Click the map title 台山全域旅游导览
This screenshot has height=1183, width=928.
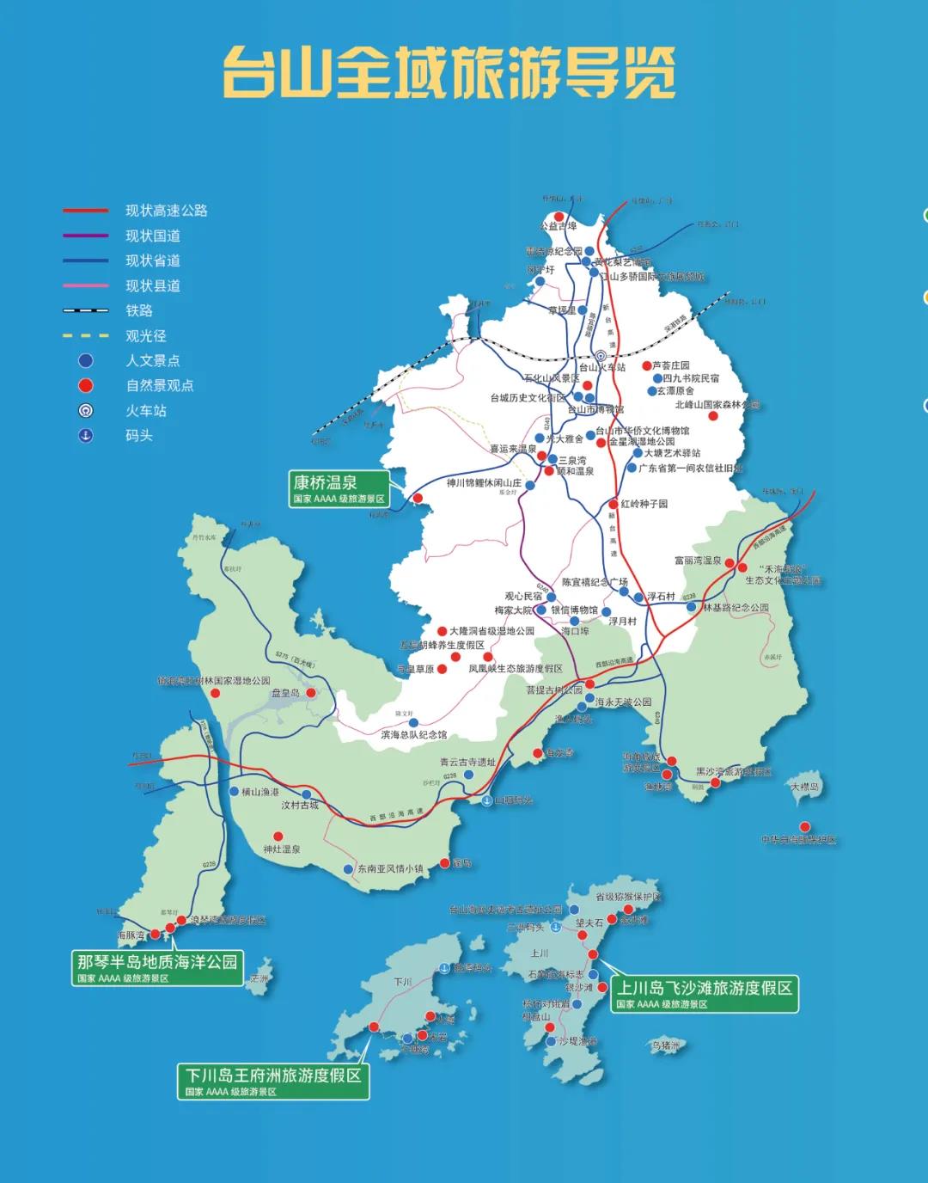click(449, 72)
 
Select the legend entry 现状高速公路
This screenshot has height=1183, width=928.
click(166, 211)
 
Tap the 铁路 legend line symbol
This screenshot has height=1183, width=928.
click(86, 310)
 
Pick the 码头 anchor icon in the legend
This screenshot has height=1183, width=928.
click(86, 436)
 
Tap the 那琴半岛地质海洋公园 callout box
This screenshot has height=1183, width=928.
click(157, 967)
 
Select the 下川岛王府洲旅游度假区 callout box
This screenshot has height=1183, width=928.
click(273, 1081)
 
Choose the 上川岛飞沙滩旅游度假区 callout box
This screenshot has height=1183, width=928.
click(704, 993)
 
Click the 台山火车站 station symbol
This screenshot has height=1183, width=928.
click(601, 355)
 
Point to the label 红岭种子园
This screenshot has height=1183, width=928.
click(644, 504)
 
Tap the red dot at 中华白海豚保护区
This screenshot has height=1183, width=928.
click(805, 827)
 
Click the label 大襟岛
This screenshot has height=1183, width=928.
click(804, 787)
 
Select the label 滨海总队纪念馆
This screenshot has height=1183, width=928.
click(414, 735)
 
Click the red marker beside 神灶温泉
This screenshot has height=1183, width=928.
click(278, 836)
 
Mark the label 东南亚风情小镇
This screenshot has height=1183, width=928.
click(390, 869)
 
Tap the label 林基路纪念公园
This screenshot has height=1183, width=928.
click(736, 608)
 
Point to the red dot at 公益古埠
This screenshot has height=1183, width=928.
click(559, 217)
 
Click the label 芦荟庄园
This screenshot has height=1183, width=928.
click(671, 365)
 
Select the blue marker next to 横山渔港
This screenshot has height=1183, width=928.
click(234, 791)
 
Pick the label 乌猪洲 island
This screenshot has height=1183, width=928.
click(665, 1046)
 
